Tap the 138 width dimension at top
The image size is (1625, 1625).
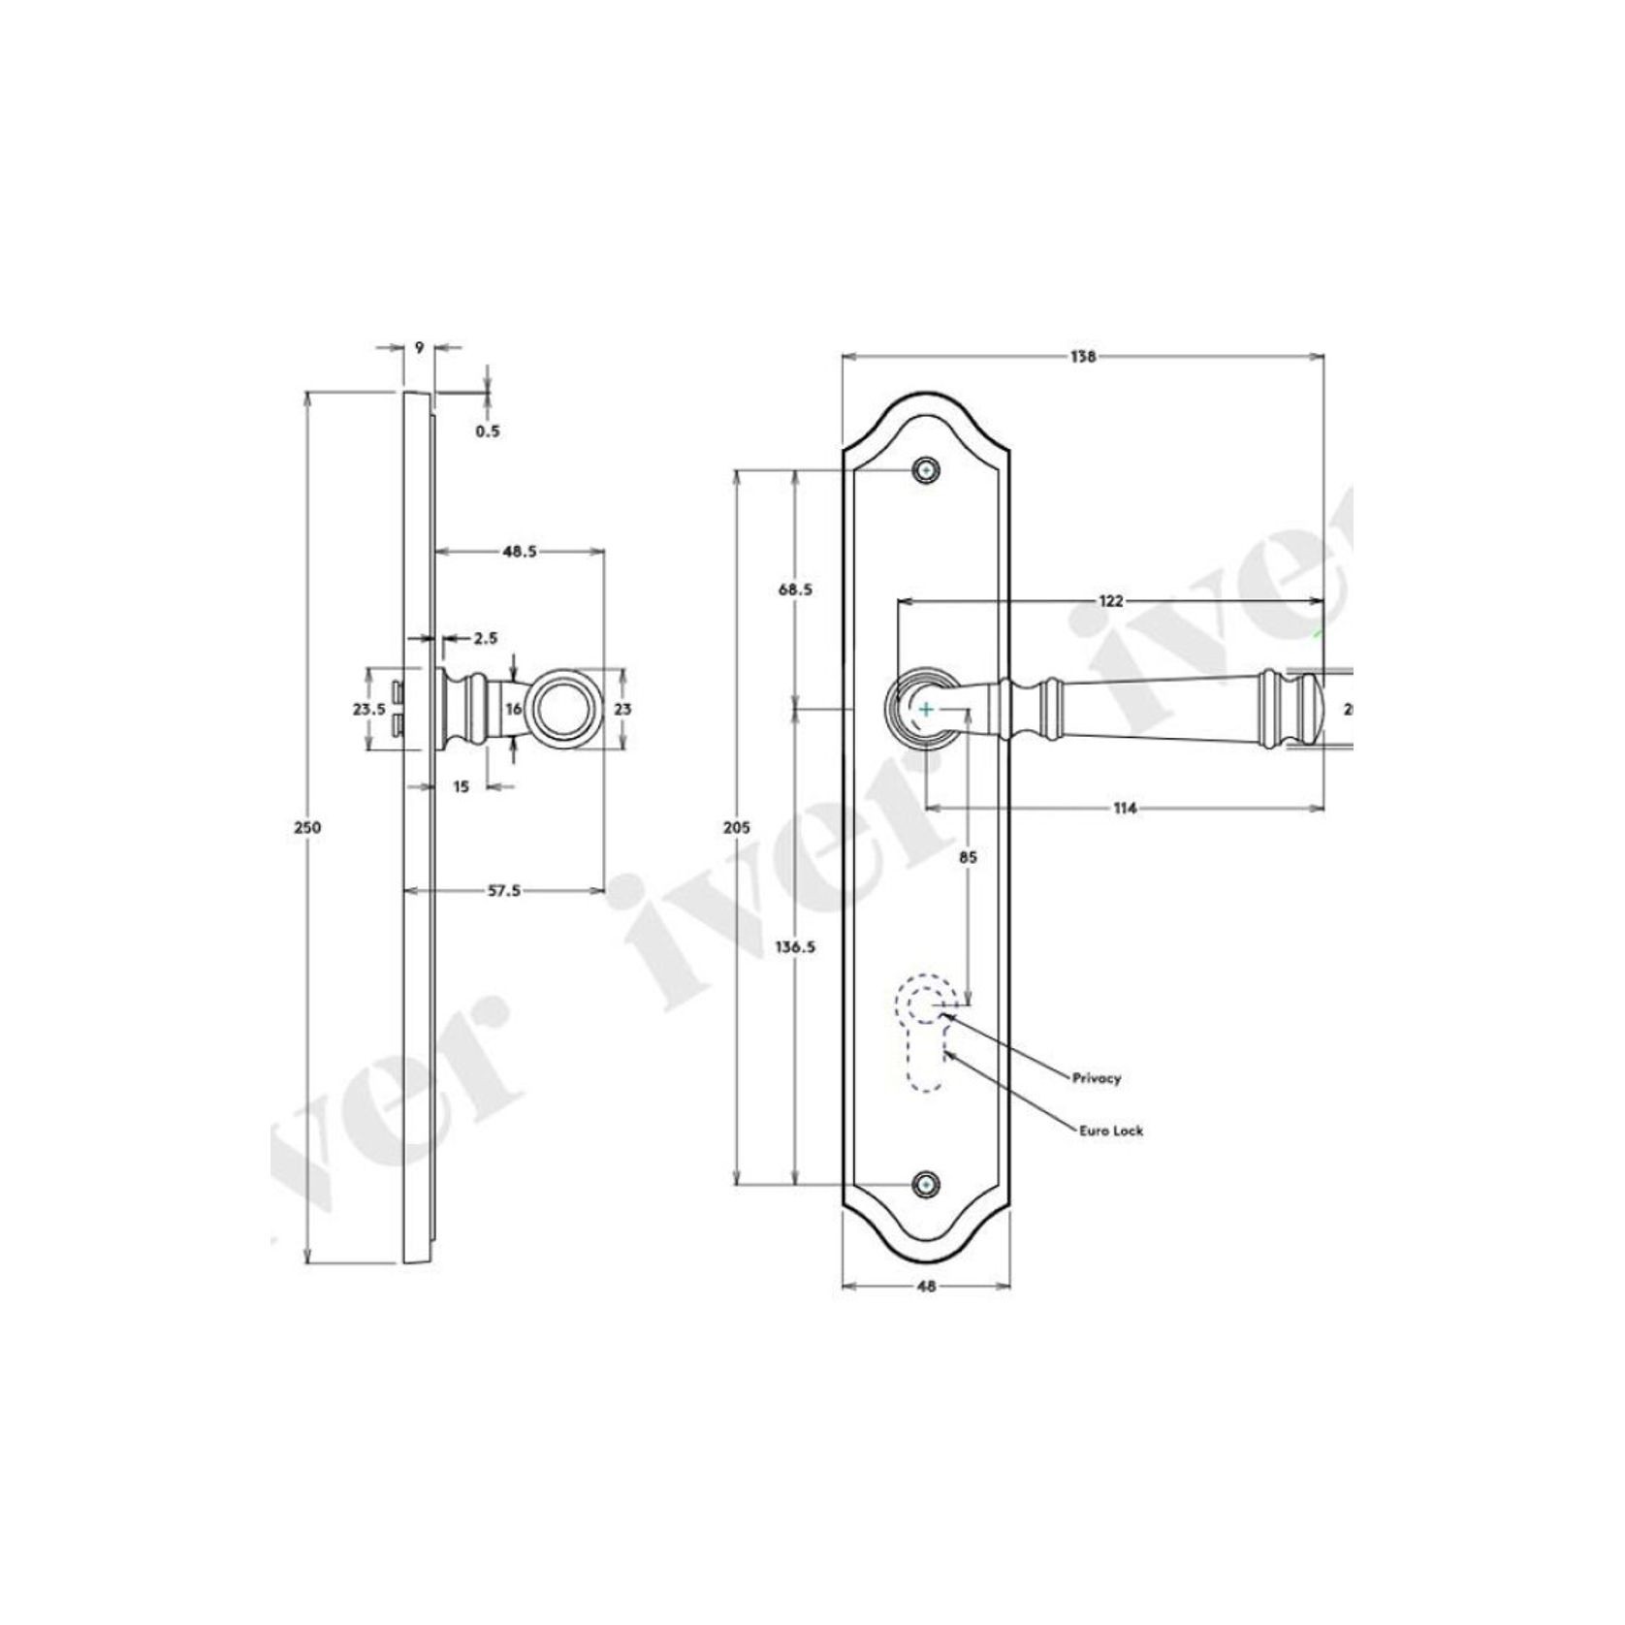point(1082,357)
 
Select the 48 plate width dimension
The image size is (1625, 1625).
point(926,1287)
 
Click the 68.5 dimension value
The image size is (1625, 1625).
point(795,589)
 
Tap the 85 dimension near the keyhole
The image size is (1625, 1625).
point(967,857)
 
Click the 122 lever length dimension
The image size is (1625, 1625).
point(1110,601)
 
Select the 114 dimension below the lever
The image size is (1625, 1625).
point(1125,808)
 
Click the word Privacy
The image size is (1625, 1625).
point(1096,1077)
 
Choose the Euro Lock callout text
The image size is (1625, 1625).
point(1110,1131)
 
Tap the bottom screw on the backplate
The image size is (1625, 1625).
point(927,1184)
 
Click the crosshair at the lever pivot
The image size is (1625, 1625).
point(927,710)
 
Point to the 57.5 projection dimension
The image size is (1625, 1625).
point(503,890)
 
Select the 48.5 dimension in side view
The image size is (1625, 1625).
point(519,551)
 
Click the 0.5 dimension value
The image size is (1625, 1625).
point(487,430)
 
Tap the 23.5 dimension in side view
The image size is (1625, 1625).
point(368,709)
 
